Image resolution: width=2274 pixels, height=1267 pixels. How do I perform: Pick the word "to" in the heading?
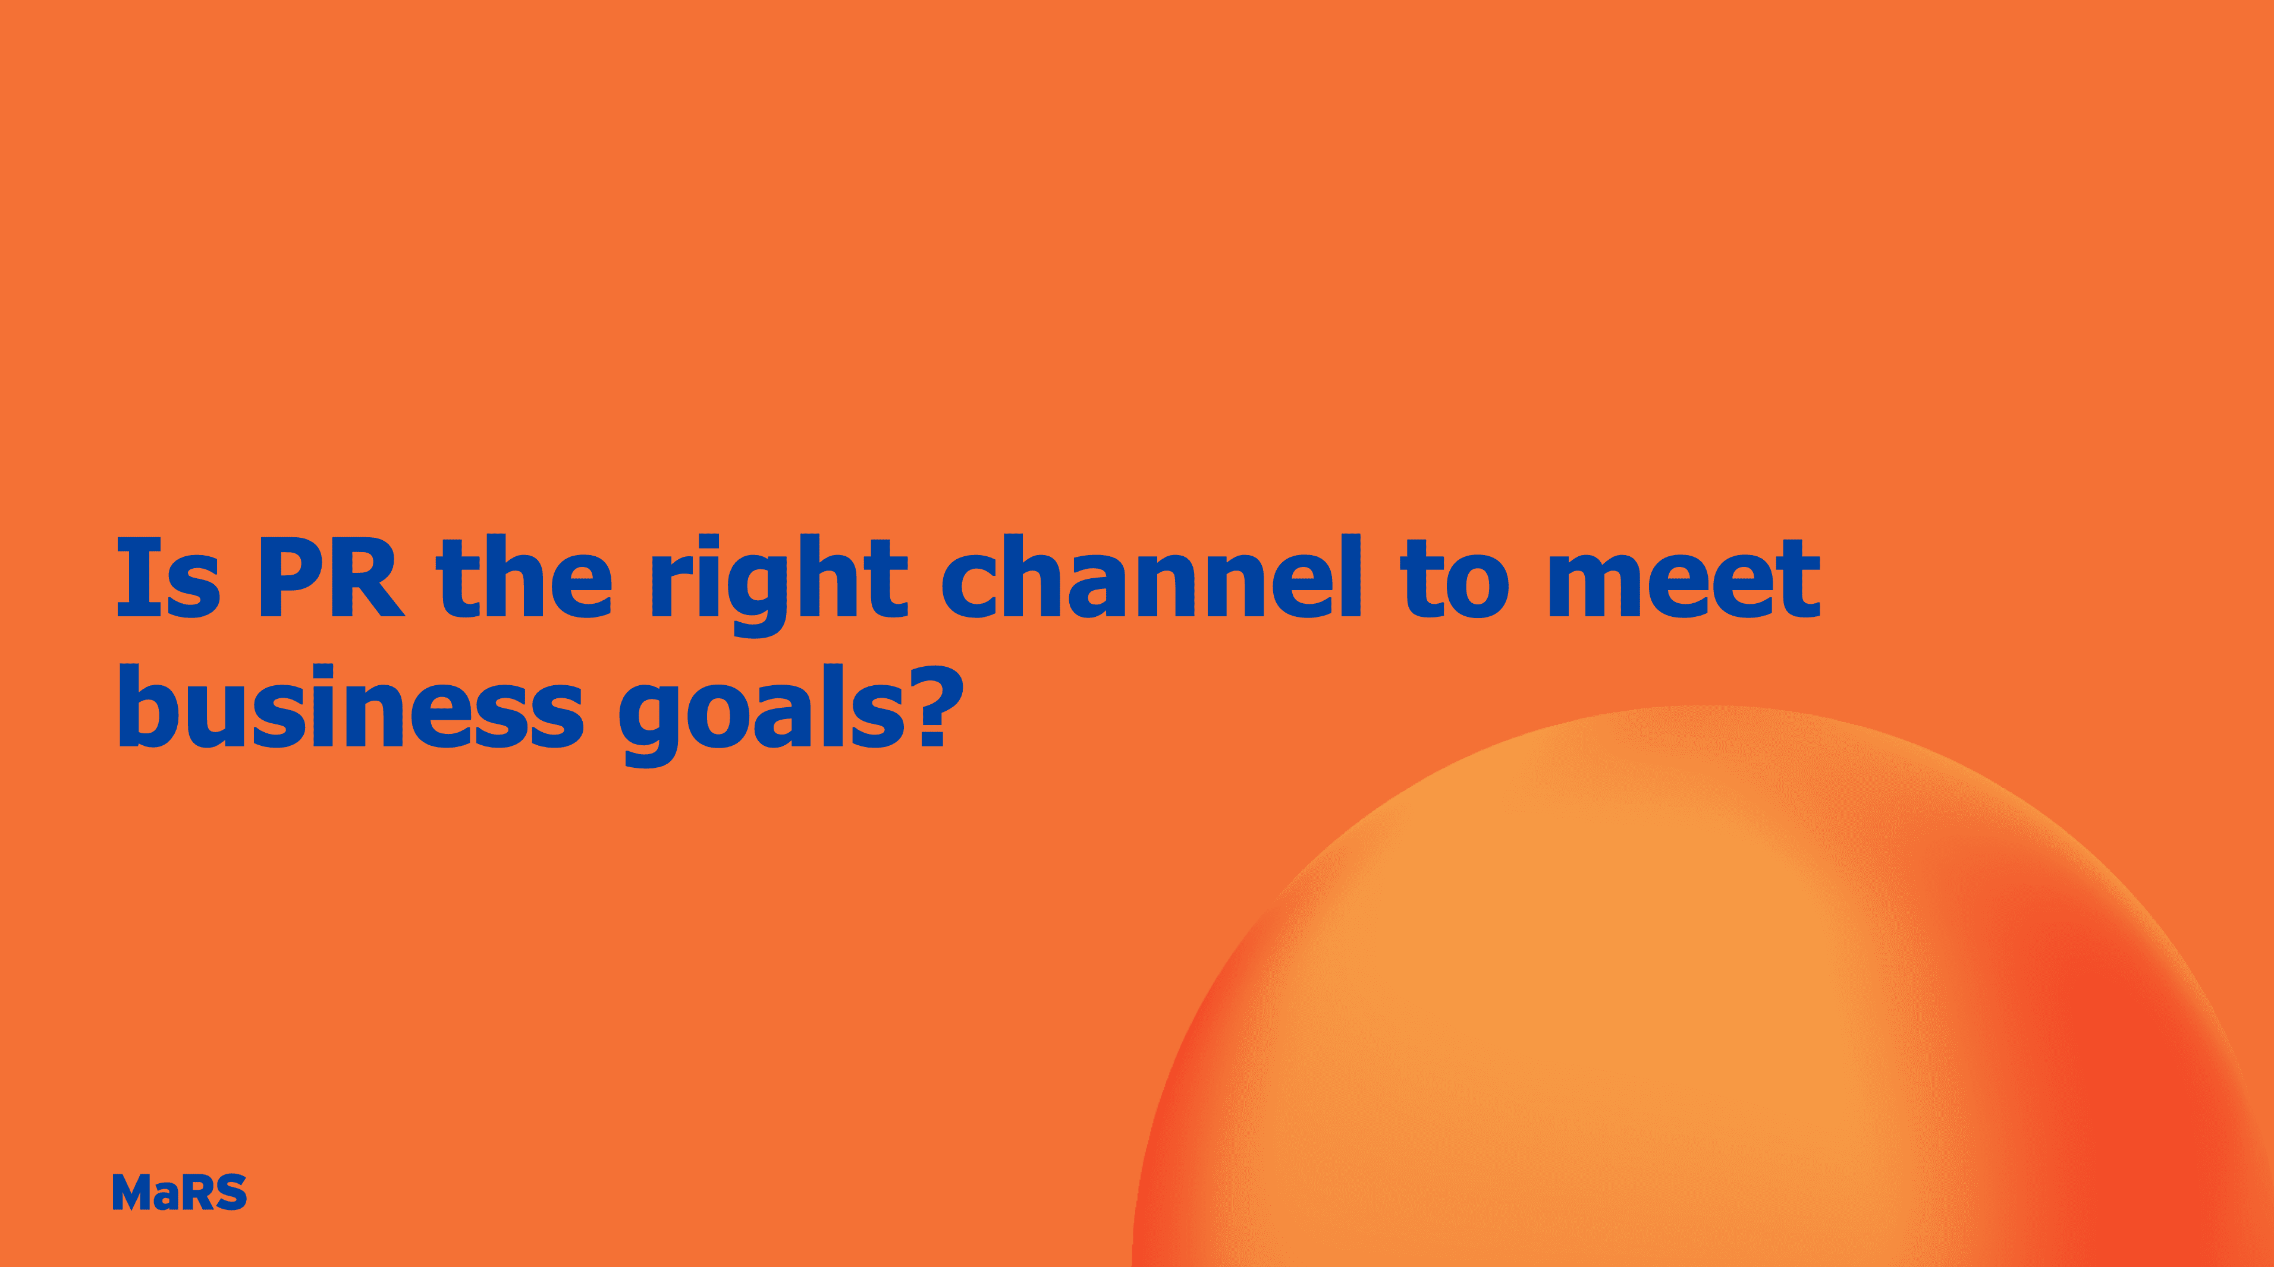(x=1454, y=578)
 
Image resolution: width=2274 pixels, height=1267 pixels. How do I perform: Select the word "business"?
(x=350, y=706)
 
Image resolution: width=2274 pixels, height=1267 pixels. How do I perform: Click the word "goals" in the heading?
(x=762, y=713)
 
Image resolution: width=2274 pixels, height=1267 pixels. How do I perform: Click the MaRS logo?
(x=179, y=1192)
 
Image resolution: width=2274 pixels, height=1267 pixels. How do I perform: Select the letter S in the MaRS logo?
(x=231, y=1192)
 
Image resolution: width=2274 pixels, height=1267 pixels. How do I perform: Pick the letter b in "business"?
(x=148, y=706)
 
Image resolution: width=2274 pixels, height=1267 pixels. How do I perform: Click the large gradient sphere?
(x=1704, y=1014)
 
